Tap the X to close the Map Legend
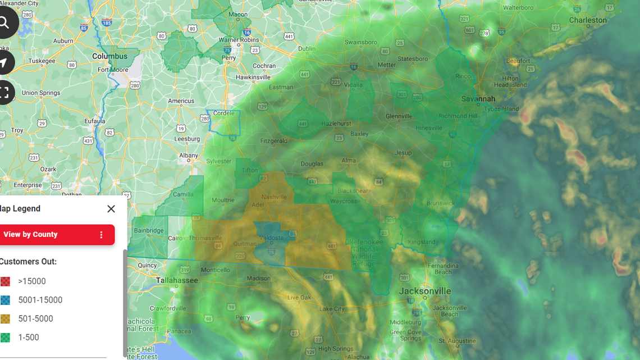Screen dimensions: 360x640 coord(111,209)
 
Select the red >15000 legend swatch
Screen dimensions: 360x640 coord(5,281)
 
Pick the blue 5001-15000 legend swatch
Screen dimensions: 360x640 coord(5,300)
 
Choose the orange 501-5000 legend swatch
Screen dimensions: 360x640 coord(5,319)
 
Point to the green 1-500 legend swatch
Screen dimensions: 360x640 coord(5,338)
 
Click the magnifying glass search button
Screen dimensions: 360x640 coord(4,23)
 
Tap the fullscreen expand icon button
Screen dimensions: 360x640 coord(4,92)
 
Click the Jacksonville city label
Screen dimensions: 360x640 coord(424,291)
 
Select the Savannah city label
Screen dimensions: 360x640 coord(478,99)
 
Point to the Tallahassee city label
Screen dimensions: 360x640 coord(177,280)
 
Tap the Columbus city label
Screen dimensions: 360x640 coord(109,56)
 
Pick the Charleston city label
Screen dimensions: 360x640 coord(588,20)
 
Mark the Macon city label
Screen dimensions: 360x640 coord(238,15)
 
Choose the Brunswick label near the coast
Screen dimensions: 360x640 coord(440,203)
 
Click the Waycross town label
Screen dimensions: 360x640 coord(343,201)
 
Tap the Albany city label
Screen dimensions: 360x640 coord(188,156)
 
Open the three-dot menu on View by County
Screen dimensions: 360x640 coord(101,235)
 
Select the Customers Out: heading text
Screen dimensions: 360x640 coord(28,262)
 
